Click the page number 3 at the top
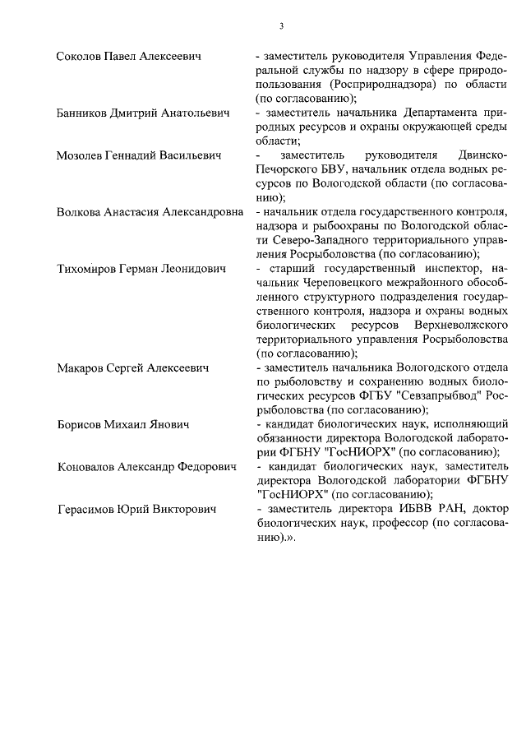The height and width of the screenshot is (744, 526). point(280,25)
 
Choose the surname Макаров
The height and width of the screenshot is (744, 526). point(83,367)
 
